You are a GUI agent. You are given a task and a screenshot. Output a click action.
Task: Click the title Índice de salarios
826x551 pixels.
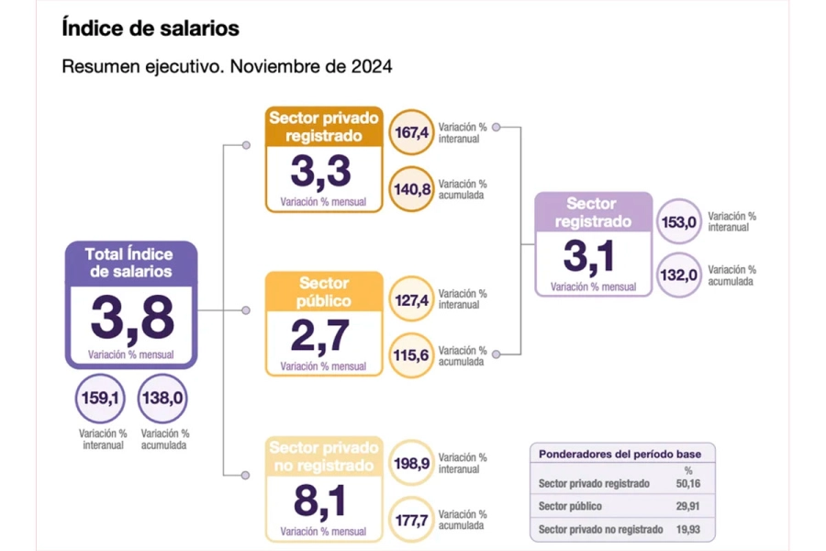click(x=150, y=28)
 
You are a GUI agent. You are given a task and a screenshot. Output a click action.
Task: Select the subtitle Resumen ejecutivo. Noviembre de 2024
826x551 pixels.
click(x=227, y=67)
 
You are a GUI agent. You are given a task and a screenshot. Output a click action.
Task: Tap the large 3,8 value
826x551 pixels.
click(x=131, y=319)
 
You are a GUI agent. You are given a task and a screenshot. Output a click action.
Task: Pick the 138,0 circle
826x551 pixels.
click(x=163, y=400)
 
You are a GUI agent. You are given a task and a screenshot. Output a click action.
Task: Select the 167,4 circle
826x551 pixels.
click(x=412, y=133)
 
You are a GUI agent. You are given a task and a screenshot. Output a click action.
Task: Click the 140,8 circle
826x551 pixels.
click(x=412, y=189)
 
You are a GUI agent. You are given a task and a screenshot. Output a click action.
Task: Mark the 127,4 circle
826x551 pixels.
click(x=412, y=299)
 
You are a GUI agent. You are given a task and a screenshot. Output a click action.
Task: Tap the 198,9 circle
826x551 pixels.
click(x=412, y=463)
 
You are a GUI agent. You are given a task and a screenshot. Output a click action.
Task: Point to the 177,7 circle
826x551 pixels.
click(x=412, y=520)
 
